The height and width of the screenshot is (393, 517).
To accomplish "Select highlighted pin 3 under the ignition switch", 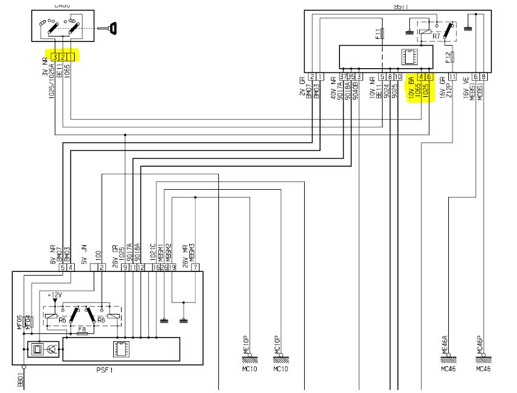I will point(55,57).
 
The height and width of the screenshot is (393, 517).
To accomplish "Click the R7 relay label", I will point(436,37).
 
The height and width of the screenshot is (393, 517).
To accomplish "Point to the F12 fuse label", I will point(449,58).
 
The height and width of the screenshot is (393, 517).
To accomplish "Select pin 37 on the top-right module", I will point(344,77).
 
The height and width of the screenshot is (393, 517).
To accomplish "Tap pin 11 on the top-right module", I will point(452,77).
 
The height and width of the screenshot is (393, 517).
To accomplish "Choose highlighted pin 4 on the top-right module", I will point(421,77).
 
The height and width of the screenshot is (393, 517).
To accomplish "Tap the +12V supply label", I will point(62,294).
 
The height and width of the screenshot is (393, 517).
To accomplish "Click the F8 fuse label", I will point(82,329).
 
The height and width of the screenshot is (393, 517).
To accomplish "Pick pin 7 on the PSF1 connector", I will point(194,267).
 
